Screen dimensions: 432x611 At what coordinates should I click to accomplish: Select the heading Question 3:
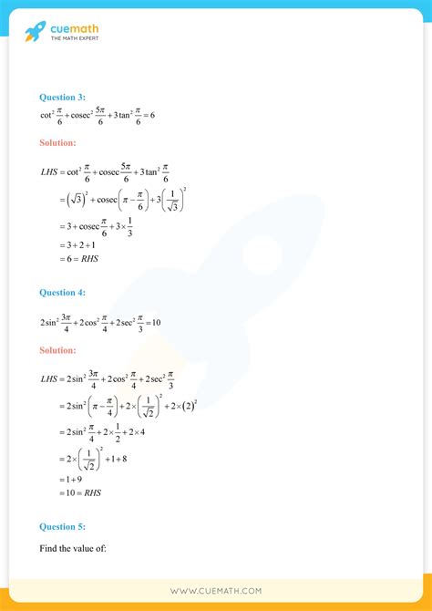[x=62, y=97]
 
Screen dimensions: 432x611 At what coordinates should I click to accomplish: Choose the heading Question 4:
[x=62, y=293]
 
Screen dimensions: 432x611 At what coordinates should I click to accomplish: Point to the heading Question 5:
[x=62, y=525]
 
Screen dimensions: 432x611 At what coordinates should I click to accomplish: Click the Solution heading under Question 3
[x=58, y=142]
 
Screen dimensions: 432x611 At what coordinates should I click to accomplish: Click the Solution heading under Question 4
[x=58, y=350]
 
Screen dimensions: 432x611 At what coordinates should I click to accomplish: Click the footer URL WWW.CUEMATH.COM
[x=215, y=592]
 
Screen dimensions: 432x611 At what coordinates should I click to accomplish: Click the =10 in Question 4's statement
[x=151, y=322]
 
